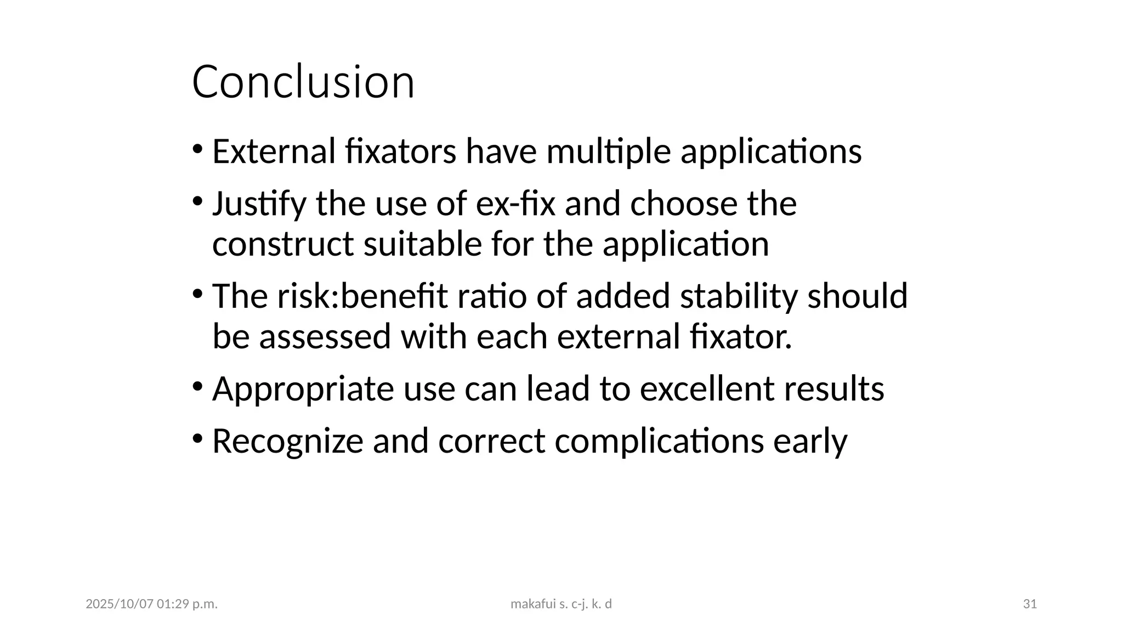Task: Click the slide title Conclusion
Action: point(303,82)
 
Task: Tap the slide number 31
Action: point(1030,605)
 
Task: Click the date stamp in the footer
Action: point(152,605)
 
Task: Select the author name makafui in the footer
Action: point(529,605)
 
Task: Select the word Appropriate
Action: point(303,388)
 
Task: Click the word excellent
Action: point(707,388)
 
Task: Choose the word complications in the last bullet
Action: point(659,441)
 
